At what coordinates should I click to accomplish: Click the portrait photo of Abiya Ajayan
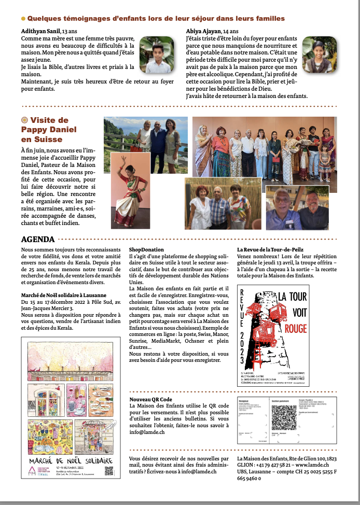coord(320,54)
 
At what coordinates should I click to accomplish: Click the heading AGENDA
coord(37,240)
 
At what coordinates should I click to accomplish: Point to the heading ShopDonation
coord(145,249)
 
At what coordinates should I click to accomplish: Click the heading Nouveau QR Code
coord(150,399)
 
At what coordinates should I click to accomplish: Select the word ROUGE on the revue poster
coord(307,328)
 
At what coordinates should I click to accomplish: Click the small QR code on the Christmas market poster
coord(109,471)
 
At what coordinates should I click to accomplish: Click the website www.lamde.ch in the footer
coord(313,465)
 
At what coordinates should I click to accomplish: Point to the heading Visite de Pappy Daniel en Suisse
coord(49,130)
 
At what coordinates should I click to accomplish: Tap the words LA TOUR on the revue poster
coord(307,296)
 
